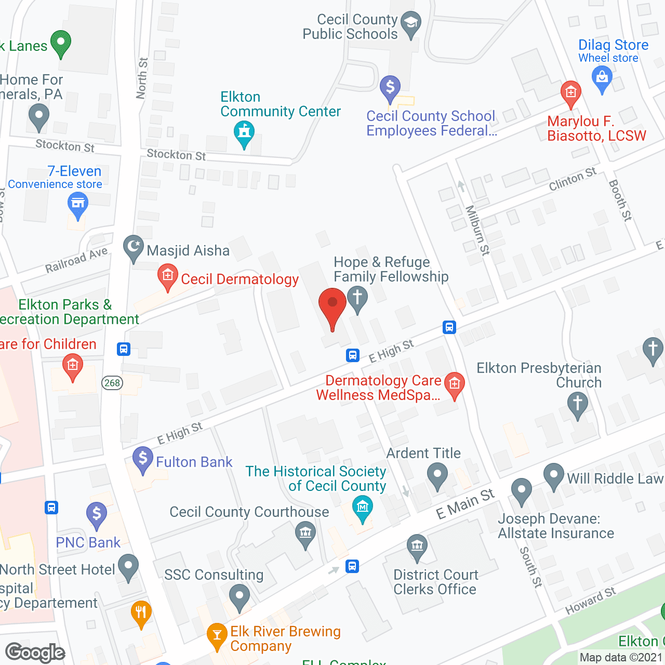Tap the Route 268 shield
pyautogui.click(x=112, y=383)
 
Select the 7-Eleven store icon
pyautogui.click(x=78, y=204)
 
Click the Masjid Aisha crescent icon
pyautogui.click(x=134, y=248)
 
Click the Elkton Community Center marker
pyautogui.click(x=244, y=133)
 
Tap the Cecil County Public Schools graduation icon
pyautogui.click(x=411, y=23)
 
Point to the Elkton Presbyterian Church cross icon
pyautogui.click(x=577, y=404)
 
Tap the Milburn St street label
pyautogui.click(x=477, y=230)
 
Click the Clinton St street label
pyautogui.click(x=573, y=179)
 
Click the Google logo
pyautogui.click(x=35, y=653)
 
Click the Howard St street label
pyautogui.click(x=590, y=601)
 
